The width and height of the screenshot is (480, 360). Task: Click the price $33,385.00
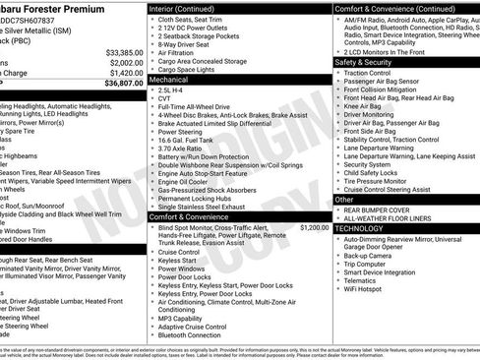tap(123, 52)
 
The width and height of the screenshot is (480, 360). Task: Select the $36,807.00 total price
tap(123, 84)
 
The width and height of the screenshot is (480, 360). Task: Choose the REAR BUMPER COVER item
tap(378, 209)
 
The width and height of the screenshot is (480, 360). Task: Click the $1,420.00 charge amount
tap(124, 72)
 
